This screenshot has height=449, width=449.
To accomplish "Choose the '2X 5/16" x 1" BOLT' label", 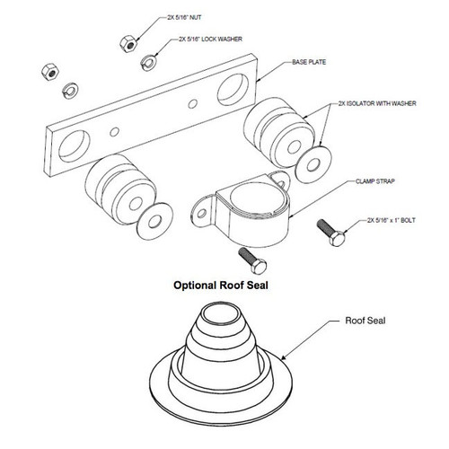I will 394,218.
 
